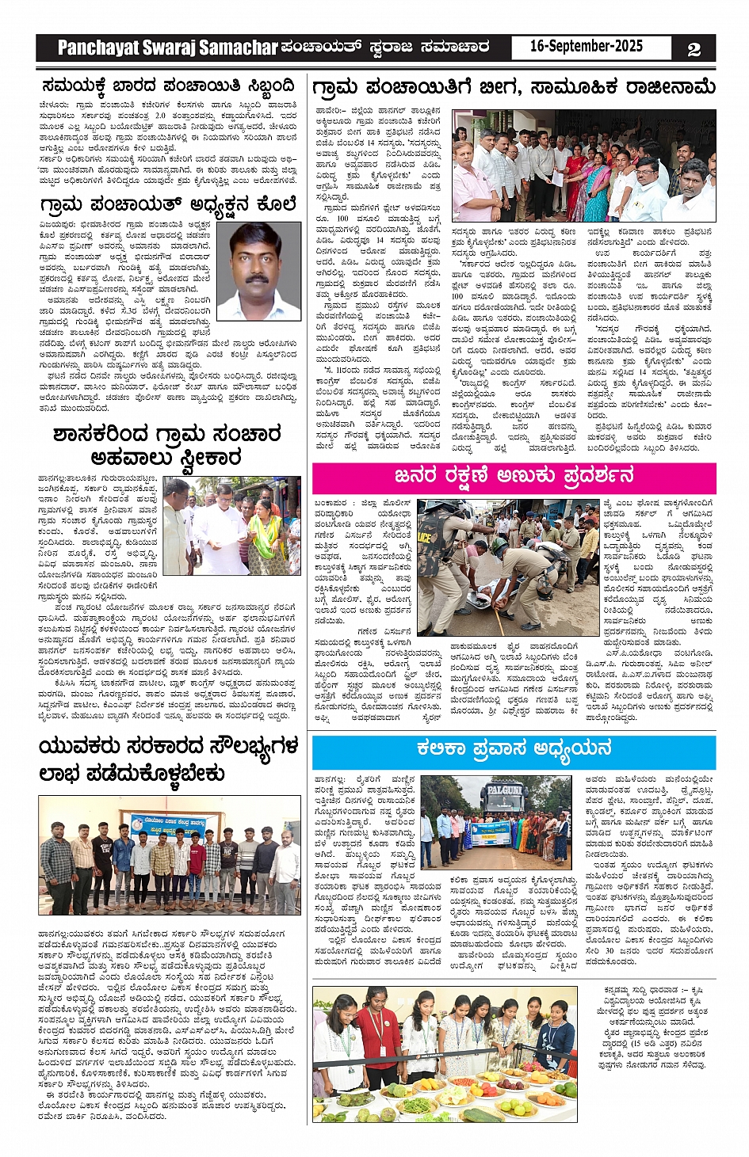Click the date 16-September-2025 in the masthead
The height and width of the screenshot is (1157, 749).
click(x=586, y=47)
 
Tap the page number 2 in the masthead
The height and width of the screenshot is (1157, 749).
click(x=694, y=49)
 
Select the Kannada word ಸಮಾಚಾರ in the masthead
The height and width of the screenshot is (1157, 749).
click(x=455, y=48)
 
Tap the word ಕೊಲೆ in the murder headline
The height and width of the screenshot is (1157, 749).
click(x=277, y=204)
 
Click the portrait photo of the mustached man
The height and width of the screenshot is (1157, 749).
click(x=258, y=271)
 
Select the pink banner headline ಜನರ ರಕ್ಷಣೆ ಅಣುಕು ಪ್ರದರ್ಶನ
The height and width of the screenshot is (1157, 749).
click(x=514, y=476)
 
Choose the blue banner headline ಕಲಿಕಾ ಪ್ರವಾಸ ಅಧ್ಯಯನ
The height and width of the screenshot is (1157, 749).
click(x=514, y=748)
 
